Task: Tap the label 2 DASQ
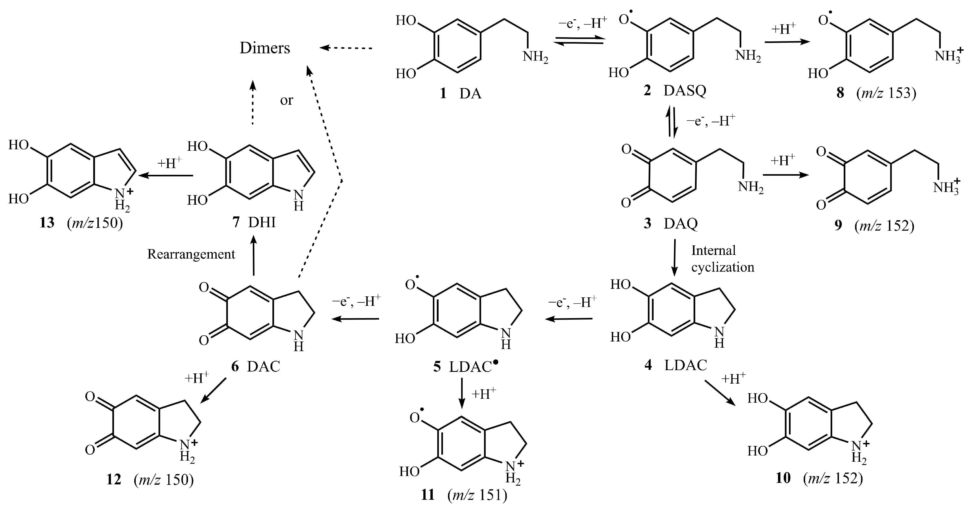tap(675, 91)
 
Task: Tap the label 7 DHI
tap(254, 222)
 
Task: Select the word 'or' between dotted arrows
tap(287, 100)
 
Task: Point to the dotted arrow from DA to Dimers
tap(346, 48)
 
